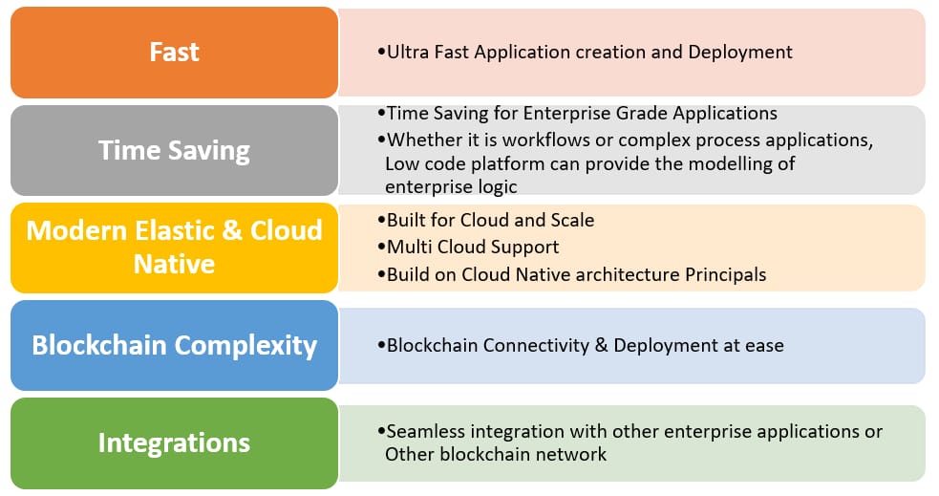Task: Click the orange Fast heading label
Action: click(174, 53)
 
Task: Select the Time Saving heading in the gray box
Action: click(174, 150)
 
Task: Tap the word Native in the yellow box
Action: click(174, 264)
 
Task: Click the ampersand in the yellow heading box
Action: click(232, 230)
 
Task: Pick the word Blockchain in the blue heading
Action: click(99, 345)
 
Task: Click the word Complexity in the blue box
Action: click(246, 346)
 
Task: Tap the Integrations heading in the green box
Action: click(174, 443)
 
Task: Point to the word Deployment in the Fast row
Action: click(740, 53)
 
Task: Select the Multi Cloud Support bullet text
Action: click(473, 248)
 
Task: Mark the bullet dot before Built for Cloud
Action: click(381, 221)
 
